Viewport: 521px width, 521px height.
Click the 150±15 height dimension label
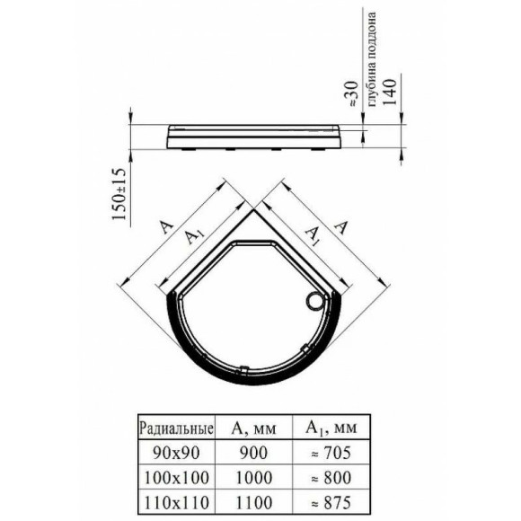coord(119,194)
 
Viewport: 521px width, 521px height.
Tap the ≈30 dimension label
coord(351,94)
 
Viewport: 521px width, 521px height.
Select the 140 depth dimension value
coord(390,92)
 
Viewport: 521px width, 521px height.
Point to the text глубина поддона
coord(372,58)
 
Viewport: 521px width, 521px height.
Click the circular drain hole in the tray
coord(314,302)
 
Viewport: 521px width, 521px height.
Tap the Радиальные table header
coord(176,428)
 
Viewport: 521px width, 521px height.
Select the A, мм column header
coord(253,428)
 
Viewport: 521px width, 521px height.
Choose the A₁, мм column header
coord(331,428)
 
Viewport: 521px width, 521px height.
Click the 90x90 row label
coord(176,453)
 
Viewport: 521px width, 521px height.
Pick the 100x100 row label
coord(176,478)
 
